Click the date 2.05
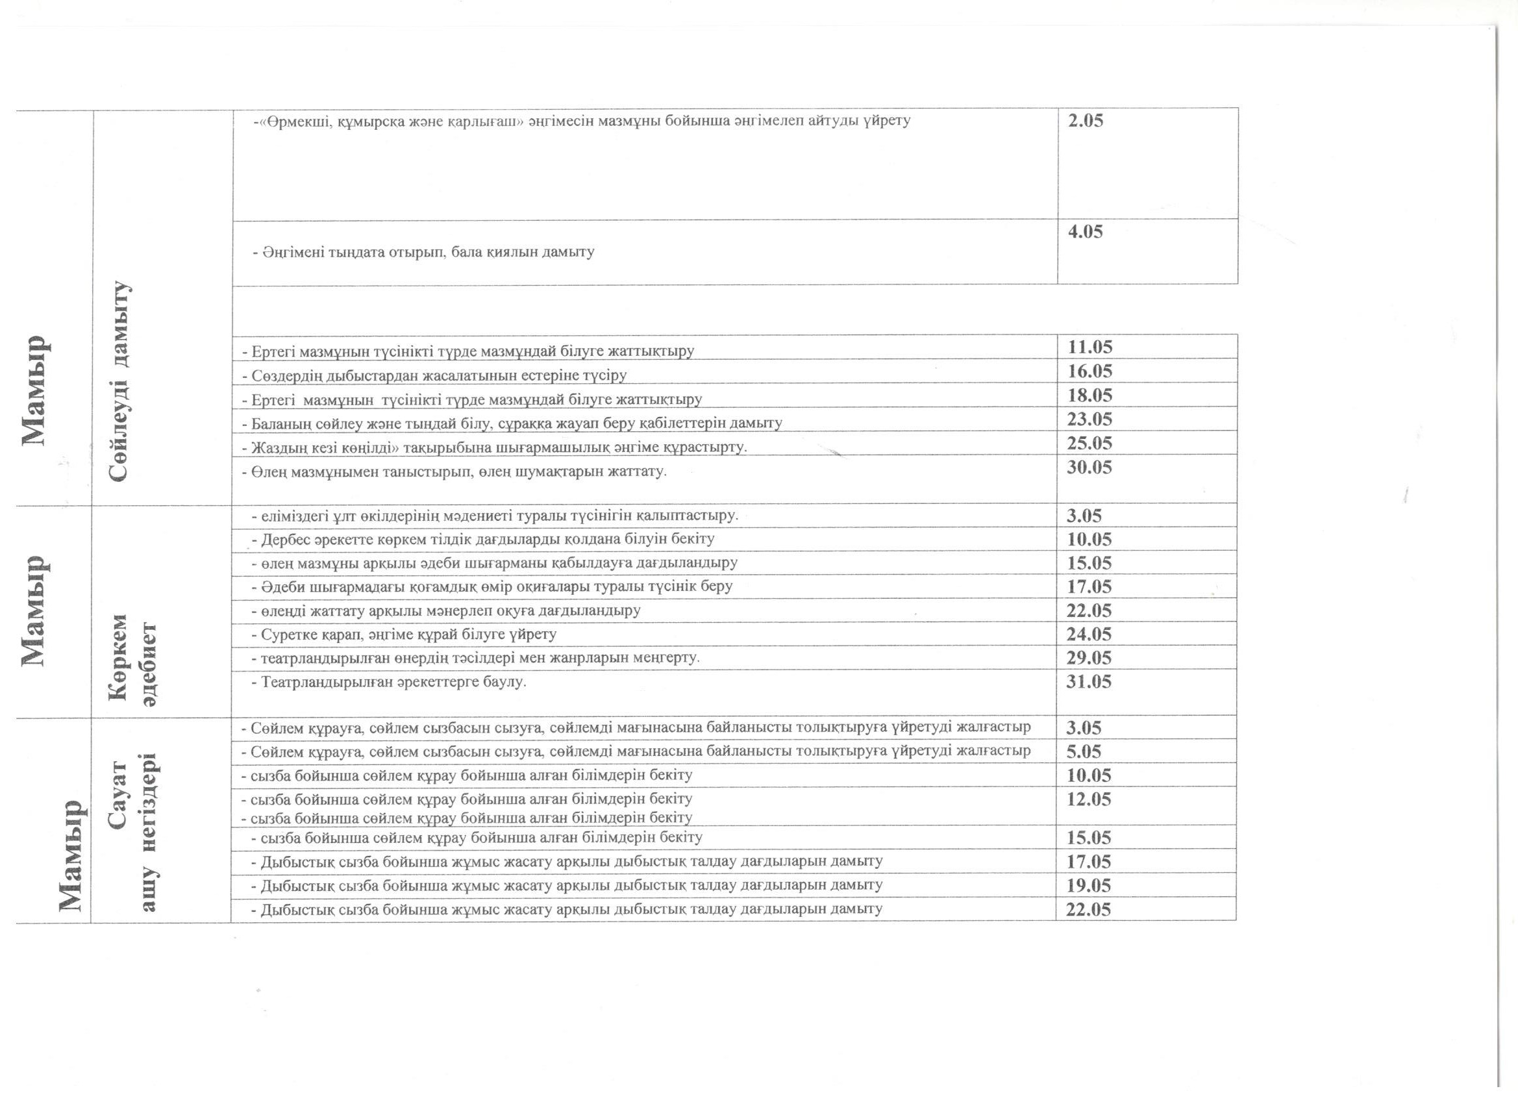(1085, 121)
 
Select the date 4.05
(1085, 232)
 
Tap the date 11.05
(1089, 347)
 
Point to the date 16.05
(1089, 371)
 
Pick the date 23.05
(1089, 419)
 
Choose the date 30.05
(1089, 468)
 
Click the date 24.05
(1089, 634)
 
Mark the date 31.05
(1089, 681)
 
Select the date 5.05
(1084, 751)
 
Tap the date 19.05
(1089, 886)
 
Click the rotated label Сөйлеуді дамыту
(120, 382)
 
